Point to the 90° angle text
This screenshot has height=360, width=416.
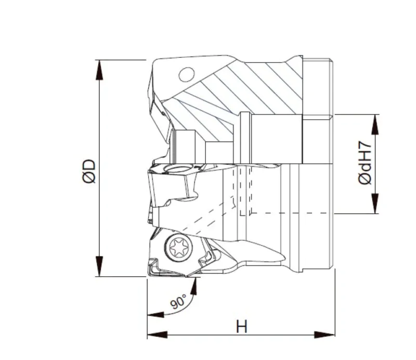pos(178,301)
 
